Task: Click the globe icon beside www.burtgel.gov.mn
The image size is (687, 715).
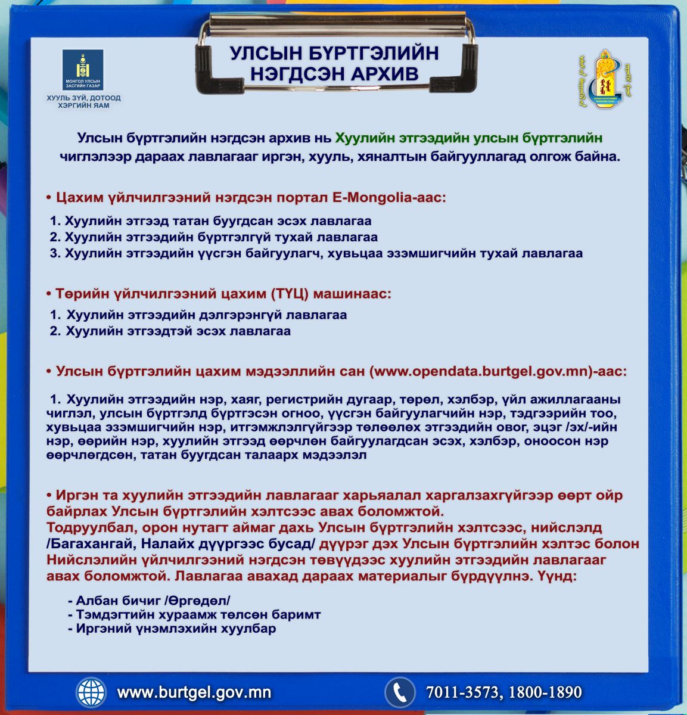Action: click(91, 692)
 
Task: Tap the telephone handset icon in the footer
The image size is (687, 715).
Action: click(399, 692)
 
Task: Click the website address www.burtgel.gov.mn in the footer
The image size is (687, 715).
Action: click(194, 692)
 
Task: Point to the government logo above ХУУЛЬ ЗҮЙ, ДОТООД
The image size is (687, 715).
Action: click(83, 70)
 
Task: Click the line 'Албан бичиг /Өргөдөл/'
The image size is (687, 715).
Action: click(153, 601)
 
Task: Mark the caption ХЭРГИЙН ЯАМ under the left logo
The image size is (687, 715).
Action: click(83, 105)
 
